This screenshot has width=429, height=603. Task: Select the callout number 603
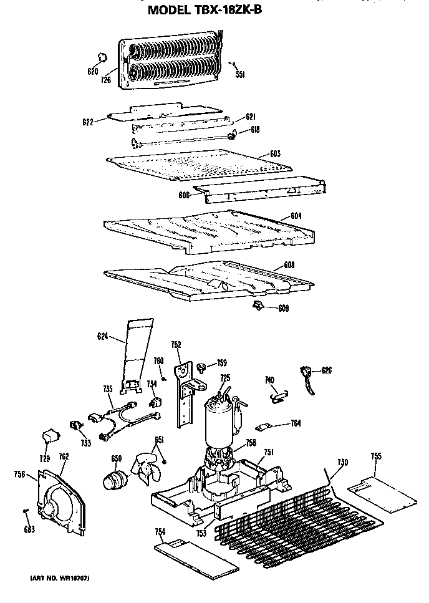[275, 154]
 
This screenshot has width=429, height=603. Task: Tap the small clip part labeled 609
[257, 304]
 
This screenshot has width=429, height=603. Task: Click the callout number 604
[296, 216]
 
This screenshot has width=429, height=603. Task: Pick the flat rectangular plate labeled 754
[196, 557]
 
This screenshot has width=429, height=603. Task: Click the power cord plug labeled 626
[307, 377]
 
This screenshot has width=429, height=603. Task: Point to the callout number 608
[289, 265]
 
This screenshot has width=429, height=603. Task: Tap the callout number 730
[342, 462]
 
